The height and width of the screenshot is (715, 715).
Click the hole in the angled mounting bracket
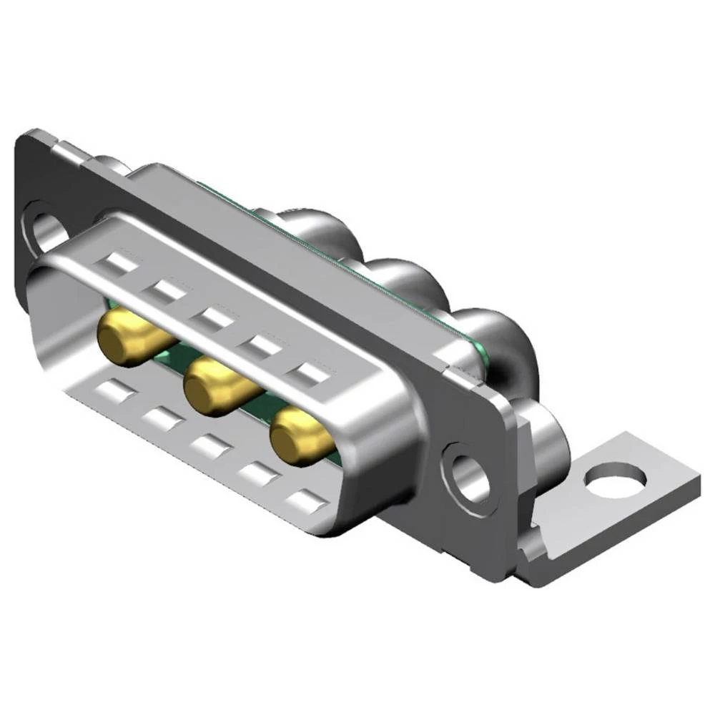click(x=614, y=478)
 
